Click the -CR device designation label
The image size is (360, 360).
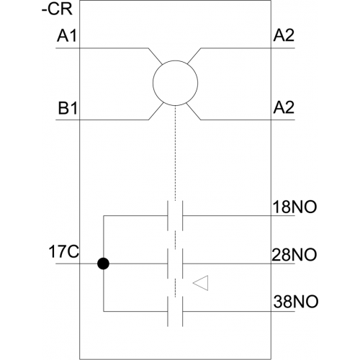click(57, 10)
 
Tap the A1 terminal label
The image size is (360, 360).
click(67, 36)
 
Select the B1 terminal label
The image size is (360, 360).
click(68, 108)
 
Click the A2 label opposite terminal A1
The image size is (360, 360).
click(284, 35)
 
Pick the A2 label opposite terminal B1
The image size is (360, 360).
click(284, 107)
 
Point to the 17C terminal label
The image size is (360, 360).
click(63, 252)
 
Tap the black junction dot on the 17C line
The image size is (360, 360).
click(104, 264)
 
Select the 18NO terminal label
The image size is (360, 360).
click(294, 207)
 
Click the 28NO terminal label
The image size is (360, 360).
click(294, 255)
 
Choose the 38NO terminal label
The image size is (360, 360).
click(296, 302)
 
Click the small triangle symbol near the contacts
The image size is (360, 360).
click(201, 283)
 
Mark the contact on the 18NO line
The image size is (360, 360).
click(175, 215)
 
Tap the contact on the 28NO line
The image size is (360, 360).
click(175, 264)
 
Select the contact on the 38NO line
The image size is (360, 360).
click(175, 312)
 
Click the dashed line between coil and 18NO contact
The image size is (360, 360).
click(176, 153)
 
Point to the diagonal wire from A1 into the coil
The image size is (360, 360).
click(156, 56)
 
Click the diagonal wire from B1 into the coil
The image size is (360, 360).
click(156, 112)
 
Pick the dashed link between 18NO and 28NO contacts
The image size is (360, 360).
click(176, 240)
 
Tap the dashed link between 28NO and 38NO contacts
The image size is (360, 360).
click(176, 287)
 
